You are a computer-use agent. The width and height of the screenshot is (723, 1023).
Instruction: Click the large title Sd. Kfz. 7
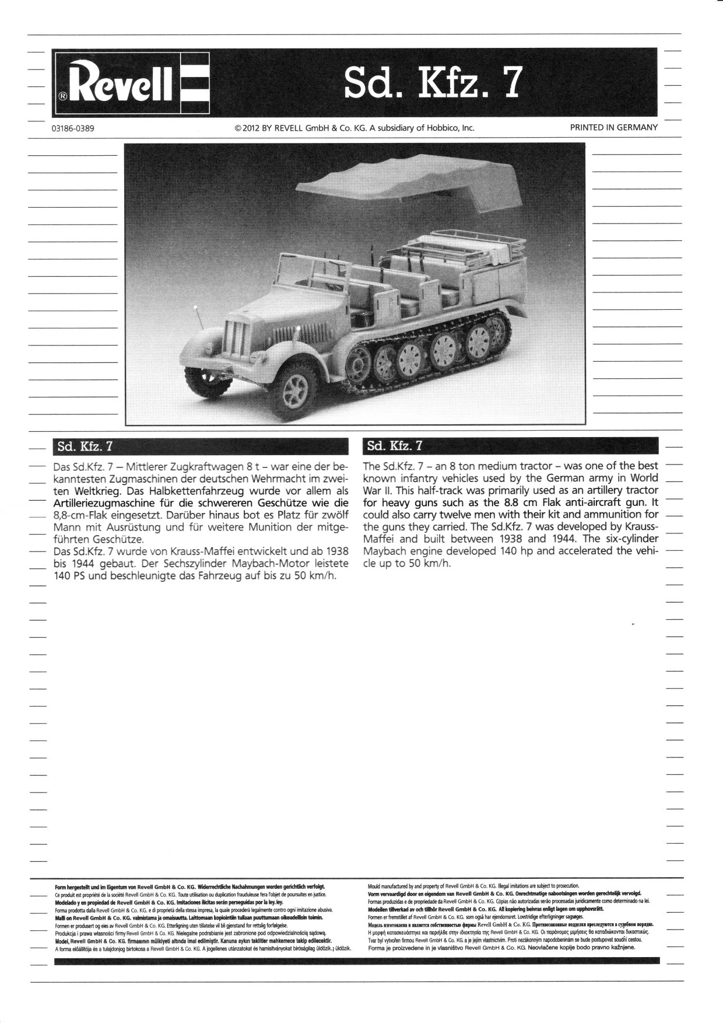coord(431,83)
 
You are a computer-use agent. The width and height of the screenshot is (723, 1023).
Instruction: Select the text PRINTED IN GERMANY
coord(613,127)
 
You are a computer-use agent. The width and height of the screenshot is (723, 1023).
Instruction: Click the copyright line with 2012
coord(355,128)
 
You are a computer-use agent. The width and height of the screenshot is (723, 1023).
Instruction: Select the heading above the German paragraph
coord(84,447)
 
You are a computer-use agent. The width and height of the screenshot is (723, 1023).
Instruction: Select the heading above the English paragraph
coord(394,447)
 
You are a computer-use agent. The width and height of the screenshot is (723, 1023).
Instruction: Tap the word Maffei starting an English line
coord(380,539)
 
